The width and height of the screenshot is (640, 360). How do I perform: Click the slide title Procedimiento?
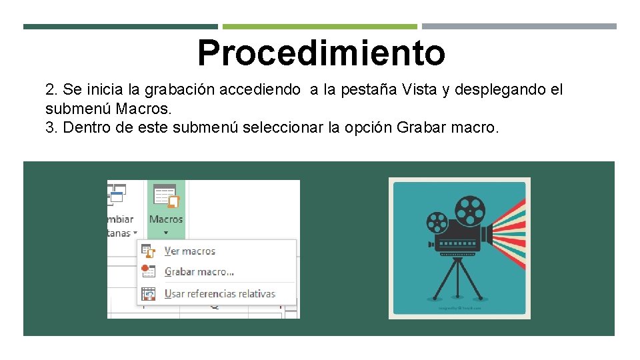[x=321, y=53]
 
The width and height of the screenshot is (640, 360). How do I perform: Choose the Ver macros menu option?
[x=190, y=251]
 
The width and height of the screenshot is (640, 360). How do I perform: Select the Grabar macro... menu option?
[x=199, y=272]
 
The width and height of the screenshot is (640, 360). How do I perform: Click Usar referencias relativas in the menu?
[x=219, y=293]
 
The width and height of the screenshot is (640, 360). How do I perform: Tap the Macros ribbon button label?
[x=166, y=219]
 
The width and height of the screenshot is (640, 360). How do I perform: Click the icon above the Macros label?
[x=166, y=197]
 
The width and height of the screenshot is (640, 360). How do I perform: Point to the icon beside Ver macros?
[x=149, y=251]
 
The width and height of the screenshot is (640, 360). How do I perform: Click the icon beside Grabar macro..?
[x=149, y=271]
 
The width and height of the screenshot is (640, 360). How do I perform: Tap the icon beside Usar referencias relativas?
[x=149, y=293]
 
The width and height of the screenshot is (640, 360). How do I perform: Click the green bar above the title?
[x=319, y=27]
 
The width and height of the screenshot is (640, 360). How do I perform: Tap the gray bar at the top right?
[x=519, y=27]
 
